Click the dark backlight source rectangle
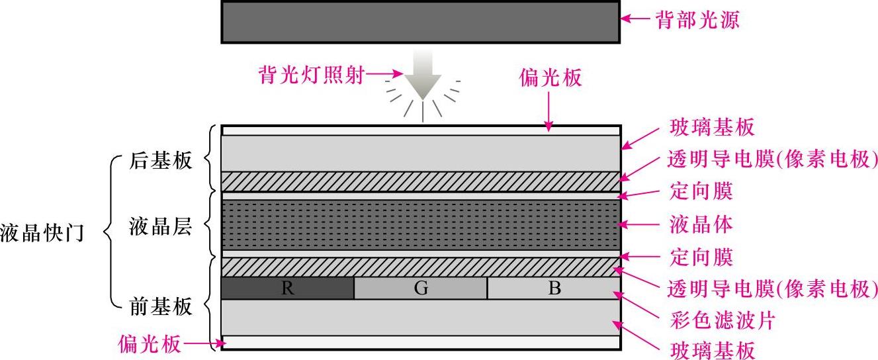click(x=420, y=22)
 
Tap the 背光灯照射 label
click(x=311, y=76)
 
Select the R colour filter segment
click(x=287, y=289)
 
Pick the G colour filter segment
click(x=421, y=289)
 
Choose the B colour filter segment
click(x=554, y=289)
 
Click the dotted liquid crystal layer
click(x=420, y=224)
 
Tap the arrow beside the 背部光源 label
click(x=636, y=20)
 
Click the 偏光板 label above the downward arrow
click(x=550, y=78)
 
